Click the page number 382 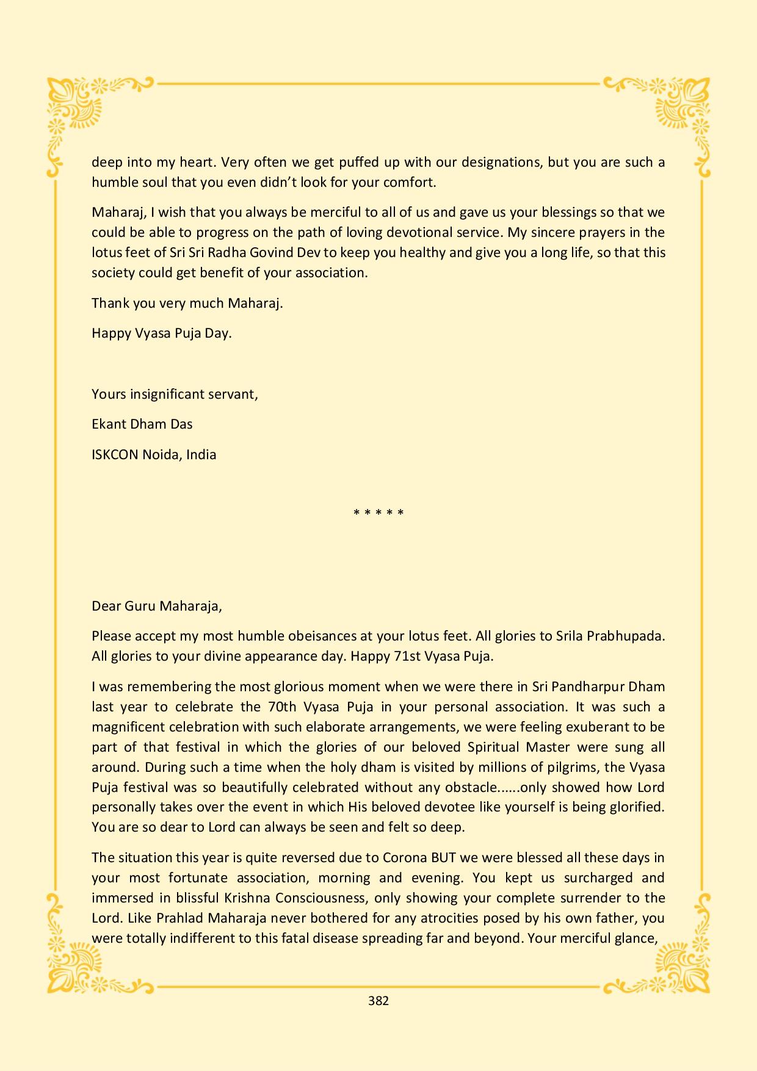pyautogui.click(x=378, y=1001)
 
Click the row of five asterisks pyautogui.click(x=378, y=512)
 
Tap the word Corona pyautogui.click(x=405, y=857)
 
